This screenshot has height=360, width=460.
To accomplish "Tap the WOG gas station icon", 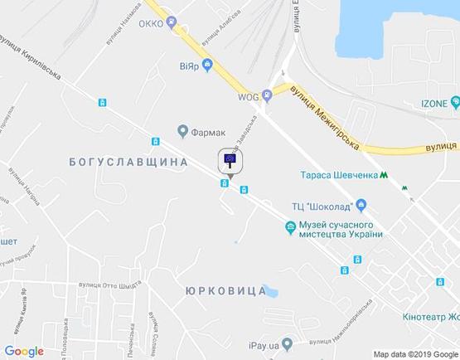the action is point(267,94).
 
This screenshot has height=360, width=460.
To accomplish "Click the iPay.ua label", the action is point(262,343).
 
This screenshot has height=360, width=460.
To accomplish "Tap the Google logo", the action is point(24,351).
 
